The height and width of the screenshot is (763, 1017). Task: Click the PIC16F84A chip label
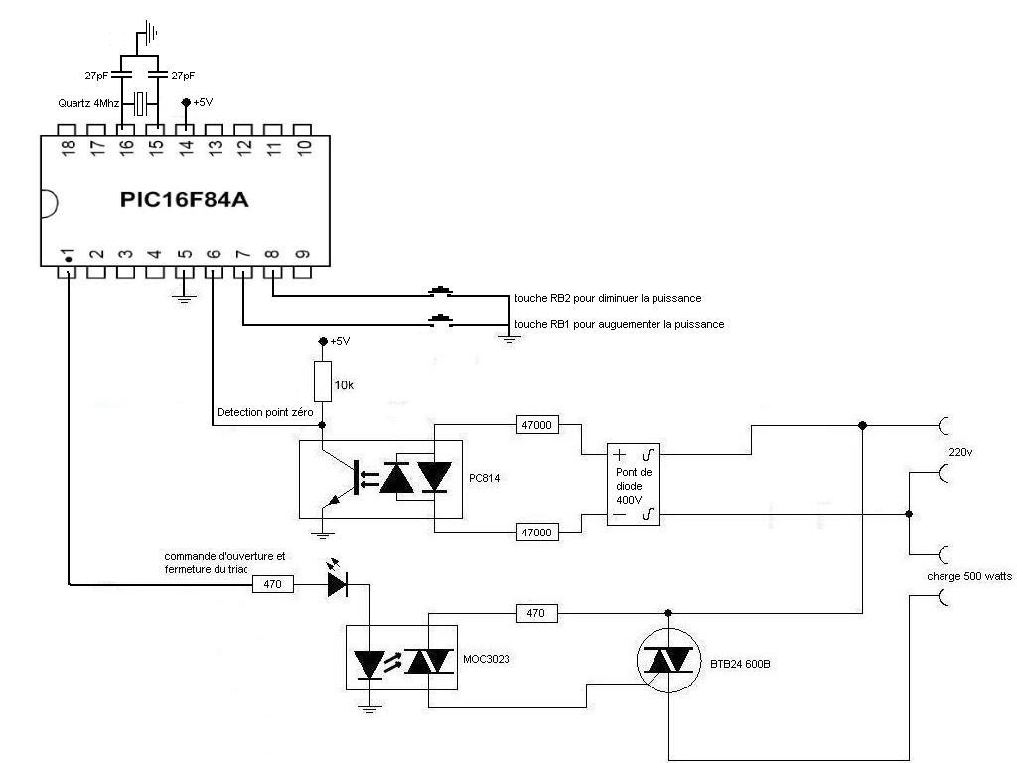[184, 200]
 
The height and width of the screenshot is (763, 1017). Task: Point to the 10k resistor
[322, 381]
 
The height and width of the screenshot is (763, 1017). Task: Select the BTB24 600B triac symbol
[668, 662]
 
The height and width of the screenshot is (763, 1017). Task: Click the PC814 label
[485, 477]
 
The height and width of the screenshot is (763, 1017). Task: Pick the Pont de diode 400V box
[635, 484]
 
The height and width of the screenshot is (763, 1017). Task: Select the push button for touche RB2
[440, 293]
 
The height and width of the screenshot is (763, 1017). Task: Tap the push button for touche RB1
[440, 321]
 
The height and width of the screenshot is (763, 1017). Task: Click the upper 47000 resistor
[537, 425]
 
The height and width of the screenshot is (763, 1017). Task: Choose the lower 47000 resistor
[537, 532]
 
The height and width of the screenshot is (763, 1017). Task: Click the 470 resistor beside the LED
[273, 584]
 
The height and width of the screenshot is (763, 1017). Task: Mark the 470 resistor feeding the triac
[536, 613]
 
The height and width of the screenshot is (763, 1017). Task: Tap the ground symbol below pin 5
[184, 295]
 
